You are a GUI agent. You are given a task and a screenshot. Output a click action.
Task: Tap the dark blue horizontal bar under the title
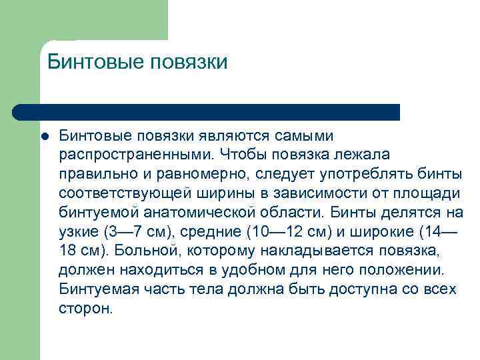pos(207,112)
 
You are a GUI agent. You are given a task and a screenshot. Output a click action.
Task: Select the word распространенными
pos(135,155)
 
